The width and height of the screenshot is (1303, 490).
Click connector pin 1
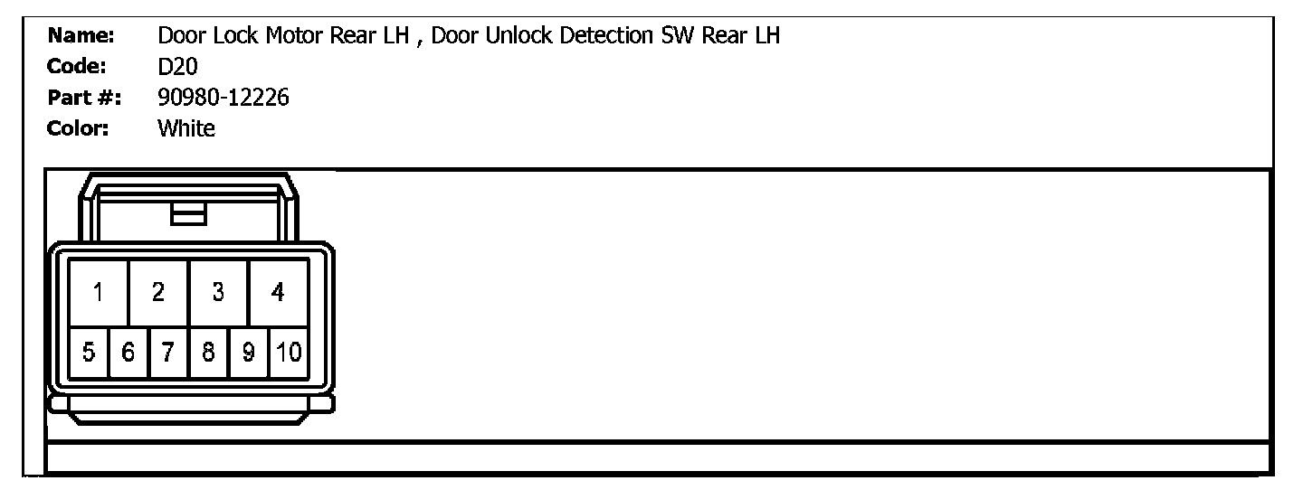pyautogui.click(x=98, y=292)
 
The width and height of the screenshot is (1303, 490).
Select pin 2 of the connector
pyautogui.click(x=158, y=292)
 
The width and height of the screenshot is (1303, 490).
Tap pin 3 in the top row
pyautogui.click(x=218, y=292)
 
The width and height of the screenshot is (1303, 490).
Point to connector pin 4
pyautogui.click(x=278, y=292)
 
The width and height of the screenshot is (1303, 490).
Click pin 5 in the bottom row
pyautogui.click(x=89, y=352)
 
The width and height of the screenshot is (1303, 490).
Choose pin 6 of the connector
pyautogui.click(x=128, y=352)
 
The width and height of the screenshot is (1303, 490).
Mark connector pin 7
pyautogui.click(x=168, y=352)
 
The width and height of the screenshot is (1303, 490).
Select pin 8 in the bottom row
pyautogui.click(x=208, y=352)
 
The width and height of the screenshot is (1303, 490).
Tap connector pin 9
pyautogui.click(x=248, y=352)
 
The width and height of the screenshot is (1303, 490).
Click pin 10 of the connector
pyautogui.click(x=289, y=352)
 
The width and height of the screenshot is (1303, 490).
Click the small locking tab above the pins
pyautogui.click(x=189, y=213)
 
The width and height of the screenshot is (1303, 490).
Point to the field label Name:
pyautogui.click(x=80, y=36)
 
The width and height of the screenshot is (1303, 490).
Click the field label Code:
pyautogui.click(x=77, y=67)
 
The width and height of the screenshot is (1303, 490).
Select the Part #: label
pyautogui.click(x=85, y=98)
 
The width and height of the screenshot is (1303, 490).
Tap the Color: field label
pyautogui.click(x=78, y=128)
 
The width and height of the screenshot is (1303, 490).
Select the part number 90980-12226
pyautogui.click(x=224, y=98)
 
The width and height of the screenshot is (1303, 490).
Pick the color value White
pyautogui.click(x=186, y=128)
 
